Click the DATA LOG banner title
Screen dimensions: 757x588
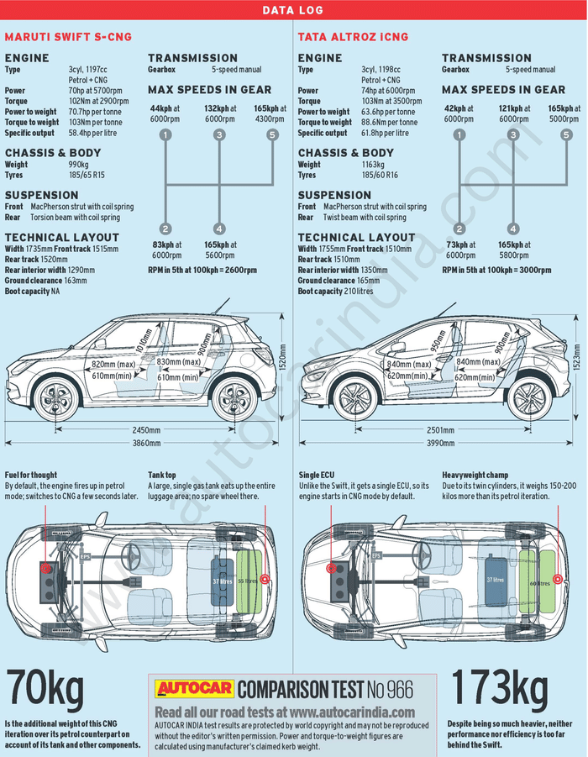tap(293, 11)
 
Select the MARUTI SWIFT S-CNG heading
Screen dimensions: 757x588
tap(68, 37)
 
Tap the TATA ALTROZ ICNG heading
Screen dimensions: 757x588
tap(353, 37)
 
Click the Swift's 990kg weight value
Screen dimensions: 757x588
tap(77, 165)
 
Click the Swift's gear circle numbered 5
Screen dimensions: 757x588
tap(272, 134)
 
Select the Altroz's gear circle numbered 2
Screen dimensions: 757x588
tap(459, 229)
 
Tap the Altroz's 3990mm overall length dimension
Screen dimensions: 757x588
tap(440, 444)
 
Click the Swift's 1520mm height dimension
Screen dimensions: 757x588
tap(282, 360)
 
